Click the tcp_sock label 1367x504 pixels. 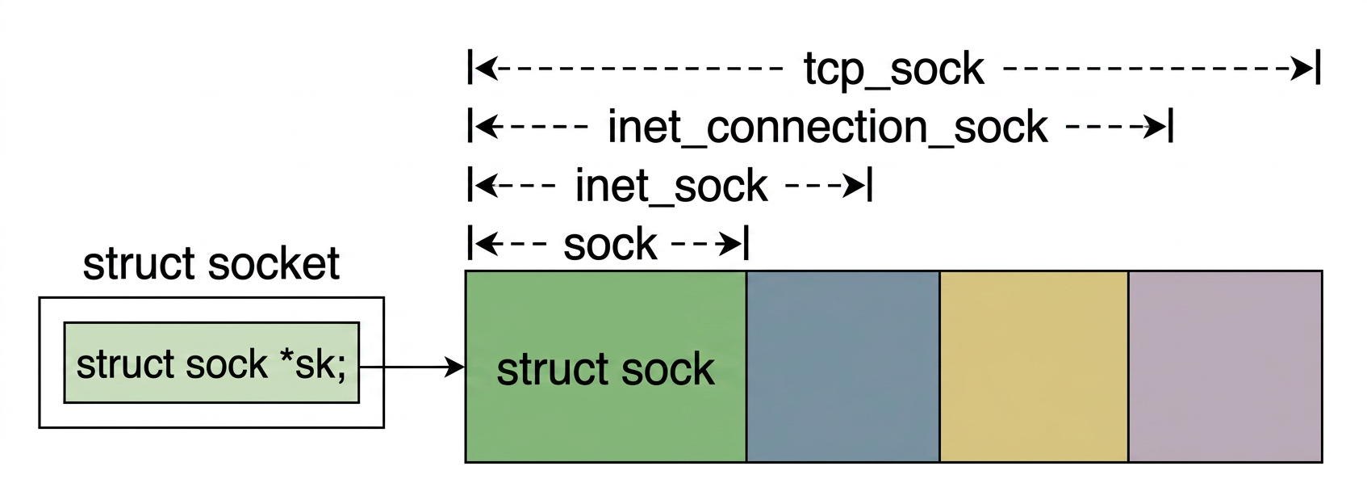tap(893, 69)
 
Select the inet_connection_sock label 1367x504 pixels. tap(827, 128)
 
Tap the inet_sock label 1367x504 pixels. tap(671, 187)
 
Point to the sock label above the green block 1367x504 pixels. tap(610, 245)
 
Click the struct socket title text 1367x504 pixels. tap(211, 264)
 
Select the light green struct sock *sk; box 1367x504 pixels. tap(211, 363)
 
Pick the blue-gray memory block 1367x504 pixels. tap(842, 366)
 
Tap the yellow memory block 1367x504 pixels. tap(1034, 366)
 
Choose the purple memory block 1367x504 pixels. tap(1224, 366)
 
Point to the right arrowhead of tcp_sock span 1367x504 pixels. tap(1303, 69)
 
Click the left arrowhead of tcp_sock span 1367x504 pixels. tap(485, 69)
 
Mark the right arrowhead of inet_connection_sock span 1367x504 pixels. tap(1156, 127)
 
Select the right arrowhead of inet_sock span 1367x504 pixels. tap(855, 186)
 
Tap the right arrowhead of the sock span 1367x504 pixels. tap(732, 244)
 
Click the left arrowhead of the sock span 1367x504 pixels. tap(485, 244)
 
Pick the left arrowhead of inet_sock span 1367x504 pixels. tap(485, 186)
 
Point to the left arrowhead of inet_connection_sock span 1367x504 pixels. tap(485, 127)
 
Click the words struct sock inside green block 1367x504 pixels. tap(605, 370)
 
